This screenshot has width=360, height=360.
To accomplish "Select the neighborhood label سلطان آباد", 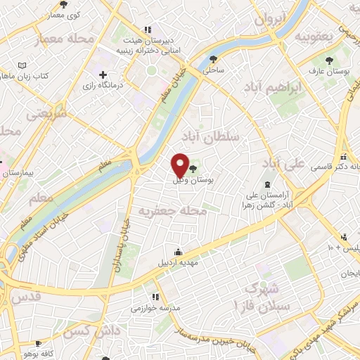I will coord(216,134).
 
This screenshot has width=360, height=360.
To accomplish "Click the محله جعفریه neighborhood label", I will coord(172,210).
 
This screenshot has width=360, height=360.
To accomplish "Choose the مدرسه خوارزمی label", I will coord(156,308).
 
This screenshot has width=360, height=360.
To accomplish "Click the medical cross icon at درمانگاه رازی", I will coord(103,74).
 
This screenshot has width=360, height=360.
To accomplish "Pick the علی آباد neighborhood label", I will coord(284,164).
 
